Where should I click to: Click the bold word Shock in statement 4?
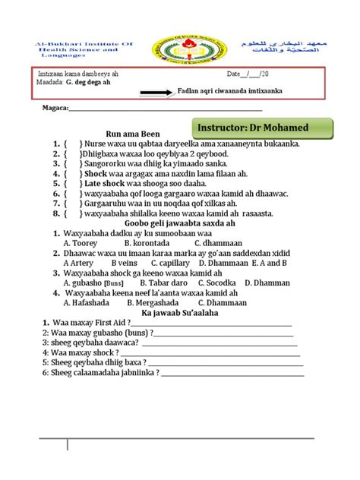pyautogui.click(x=96, y=172)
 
